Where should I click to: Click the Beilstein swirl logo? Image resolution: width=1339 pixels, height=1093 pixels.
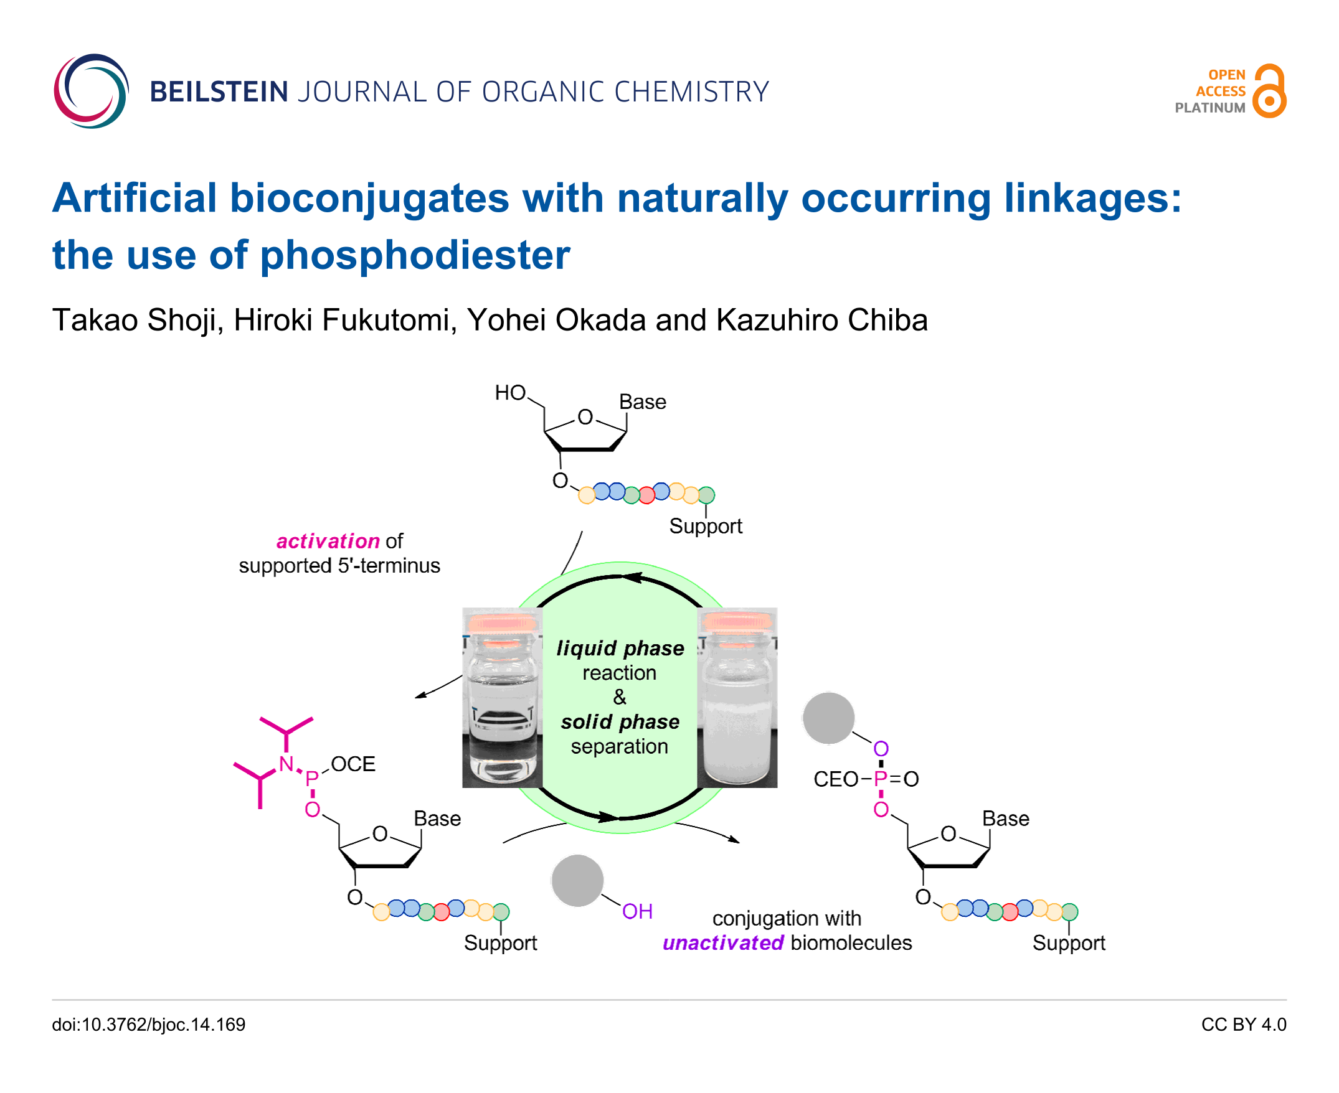pyautogui.click(x=92, y=91)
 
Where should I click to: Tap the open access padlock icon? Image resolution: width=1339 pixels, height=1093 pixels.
pyautogui.click(x=1269, y=91)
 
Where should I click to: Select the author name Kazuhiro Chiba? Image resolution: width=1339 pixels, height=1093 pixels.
pyautogui.click(x=822, y=320)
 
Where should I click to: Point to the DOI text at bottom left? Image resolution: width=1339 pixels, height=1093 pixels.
pyautogui.click(x=149, y=1025)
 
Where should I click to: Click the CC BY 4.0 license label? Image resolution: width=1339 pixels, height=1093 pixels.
pyautogui.click(x=1243, y=1025)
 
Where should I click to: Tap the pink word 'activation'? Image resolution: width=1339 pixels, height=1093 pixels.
pyautogui.click(x=328, y=541)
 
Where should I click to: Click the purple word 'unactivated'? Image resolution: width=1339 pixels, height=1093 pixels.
pyautogui.click(x=723, y=942)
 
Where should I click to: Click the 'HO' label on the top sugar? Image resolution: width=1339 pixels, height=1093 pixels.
pyautogui.click(x=509, y=393)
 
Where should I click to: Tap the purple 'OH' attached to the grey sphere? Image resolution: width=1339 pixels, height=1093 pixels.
pyautogui.click(x=636, y=911)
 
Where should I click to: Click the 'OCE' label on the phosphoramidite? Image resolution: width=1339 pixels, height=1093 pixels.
pyautogui.click(x=352, y=764)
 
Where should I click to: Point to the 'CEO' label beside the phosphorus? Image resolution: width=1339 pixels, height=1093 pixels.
pyautogui.click(x=836, y=779)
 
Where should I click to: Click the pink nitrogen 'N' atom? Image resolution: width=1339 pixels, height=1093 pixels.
pyautogui.click(x=286, y=764)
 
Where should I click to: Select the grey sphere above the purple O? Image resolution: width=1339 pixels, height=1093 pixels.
pyautogui.click(x=828, y=718)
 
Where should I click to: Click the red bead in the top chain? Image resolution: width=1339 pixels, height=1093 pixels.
pyautogui.click(x=646, y=495)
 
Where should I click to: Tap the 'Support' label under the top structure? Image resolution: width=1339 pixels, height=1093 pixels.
pyautogui.click(x=706, y=526)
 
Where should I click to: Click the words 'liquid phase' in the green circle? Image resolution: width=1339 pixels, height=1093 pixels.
pyautogui.click(x=620, y=648)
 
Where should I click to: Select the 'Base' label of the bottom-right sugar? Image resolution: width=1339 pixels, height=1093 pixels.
pyautogui.click(x=1005, y=819)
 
